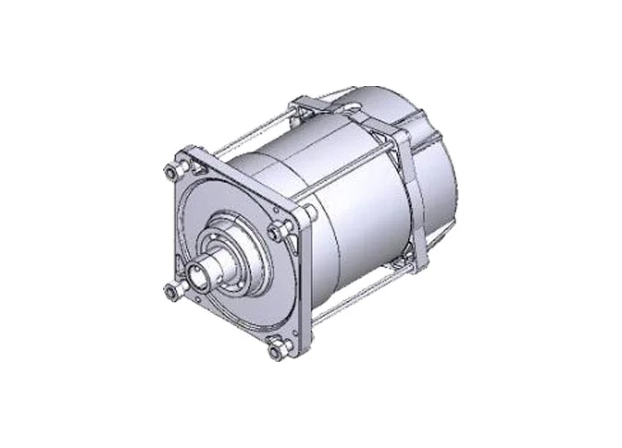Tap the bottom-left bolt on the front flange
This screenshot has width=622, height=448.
click(x=172, y=291)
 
